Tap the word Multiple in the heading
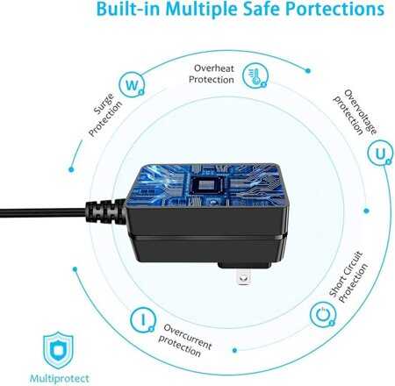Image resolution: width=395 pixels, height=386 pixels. click(201, 10)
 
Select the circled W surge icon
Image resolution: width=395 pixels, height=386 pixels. click(132, 85)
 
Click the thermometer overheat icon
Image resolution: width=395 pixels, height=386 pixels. click(255, 76)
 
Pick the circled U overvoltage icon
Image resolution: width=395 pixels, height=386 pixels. click(380, 153)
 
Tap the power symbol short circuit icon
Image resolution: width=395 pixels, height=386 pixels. click(323, 315)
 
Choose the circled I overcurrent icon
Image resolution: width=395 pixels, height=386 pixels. click(143, 319)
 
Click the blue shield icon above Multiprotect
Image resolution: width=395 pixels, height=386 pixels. click(58, 350)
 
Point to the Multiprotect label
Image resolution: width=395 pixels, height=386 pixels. click(60, 379)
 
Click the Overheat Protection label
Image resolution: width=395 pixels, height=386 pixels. click(212, 74)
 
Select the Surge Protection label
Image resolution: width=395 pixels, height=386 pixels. click(105, 114)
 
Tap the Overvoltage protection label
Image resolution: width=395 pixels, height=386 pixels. click(355, 112)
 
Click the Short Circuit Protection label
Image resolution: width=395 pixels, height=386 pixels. click(348, 276)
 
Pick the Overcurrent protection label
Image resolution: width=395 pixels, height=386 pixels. click(185, 340)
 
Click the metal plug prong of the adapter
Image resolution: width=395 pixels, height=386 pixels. click(244, 276)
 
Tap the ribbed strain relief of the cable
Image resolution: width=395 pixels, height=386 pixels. click(106, 211)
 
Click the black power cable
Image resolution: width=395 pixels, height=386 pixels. click(43, 212)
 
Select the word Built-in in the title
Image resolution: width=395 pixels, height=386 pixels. click(128, 9)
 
